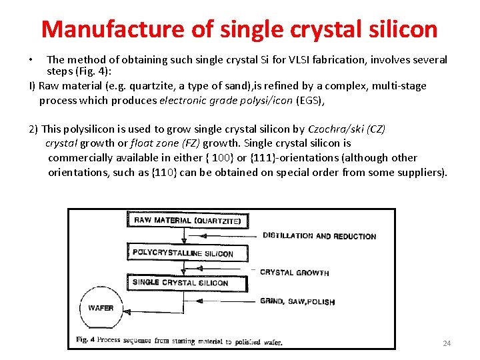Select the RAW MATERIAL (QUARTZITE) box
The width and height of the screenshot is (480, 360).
click(x=189, y=220)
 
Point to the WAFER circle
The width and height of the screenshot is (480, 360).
click(x=101, y=308)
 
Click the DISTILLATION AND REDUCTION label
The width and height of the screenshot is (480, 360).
click(x=319, y=236)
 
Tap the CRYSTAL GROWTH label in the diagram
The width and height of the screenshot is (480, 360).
click(x=294, y=272)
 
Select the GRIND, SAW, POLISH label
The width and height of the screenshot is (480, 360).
click(x=297, y=301)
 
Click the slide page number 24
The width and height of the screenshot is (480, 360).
click(x=447, y=343)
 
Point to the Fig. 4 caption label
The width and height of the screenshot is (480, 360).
click(x=82, y=341)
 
